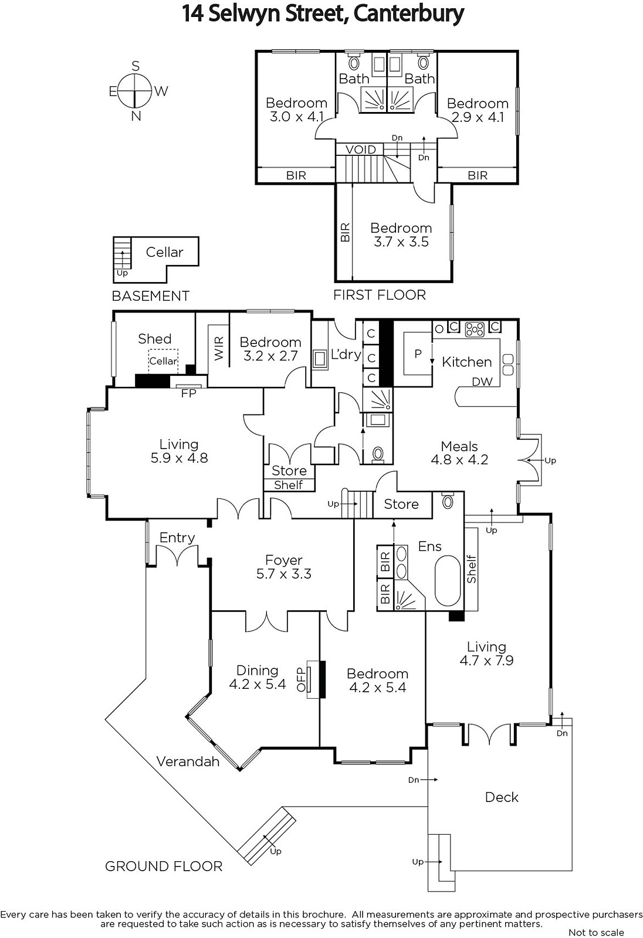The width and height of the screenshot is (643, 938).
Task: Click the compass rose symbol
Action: pyautogui.click(x=134, y=90)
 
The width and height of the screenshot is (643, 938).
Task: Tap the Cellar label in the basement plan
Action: pyautogui.click(x=164, y=252)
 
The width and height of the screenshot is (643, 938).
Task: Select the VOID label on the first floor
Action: pyautogui.click(x=360, y=149)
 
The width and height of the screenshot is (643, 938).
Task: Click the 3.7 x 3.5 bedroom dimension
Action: pyautogui.click(x=401, y=242)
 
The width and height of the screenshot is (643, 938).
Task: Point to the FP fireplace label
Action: pyautogui.click(x=189, y=393)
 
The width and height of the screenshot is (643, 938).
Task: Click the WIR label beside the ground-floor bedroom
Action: pyautogui.click(x=219, y=348)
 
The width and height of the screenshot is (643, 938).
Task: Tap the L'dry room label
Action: pyautogui.click(x=346, y=354)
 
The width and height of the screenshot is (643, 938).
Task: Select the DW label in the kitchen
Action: pyautogui.click(x=482, y=382)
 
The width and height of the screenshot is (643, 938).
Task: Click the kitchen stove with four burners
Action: pyautogui.click(x=475, y=329)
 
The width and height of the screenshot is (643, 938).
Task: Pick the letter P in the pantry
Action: pyautogui.click(x=418, y=354)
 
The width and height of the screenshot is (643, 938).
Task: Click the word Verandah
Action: pyautogui.click(x=188, y=761)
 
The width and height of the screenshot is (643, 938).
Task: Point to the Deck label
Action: pyautogui.click(x=502, y=797)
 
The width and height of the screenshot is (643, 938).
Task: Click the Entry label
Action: pyautogui.click(x=177, y=538)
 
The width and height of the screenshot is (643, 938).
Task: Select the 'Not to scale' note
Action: pyautogui.click(x=596, y=932)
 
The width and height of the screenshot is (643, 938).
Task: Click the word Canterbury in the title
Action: pyautogui.click(x=409, y=14)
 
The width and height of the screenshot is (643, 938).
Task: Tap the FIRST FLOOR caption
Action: pyautogui.click(x=380, y=295)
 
